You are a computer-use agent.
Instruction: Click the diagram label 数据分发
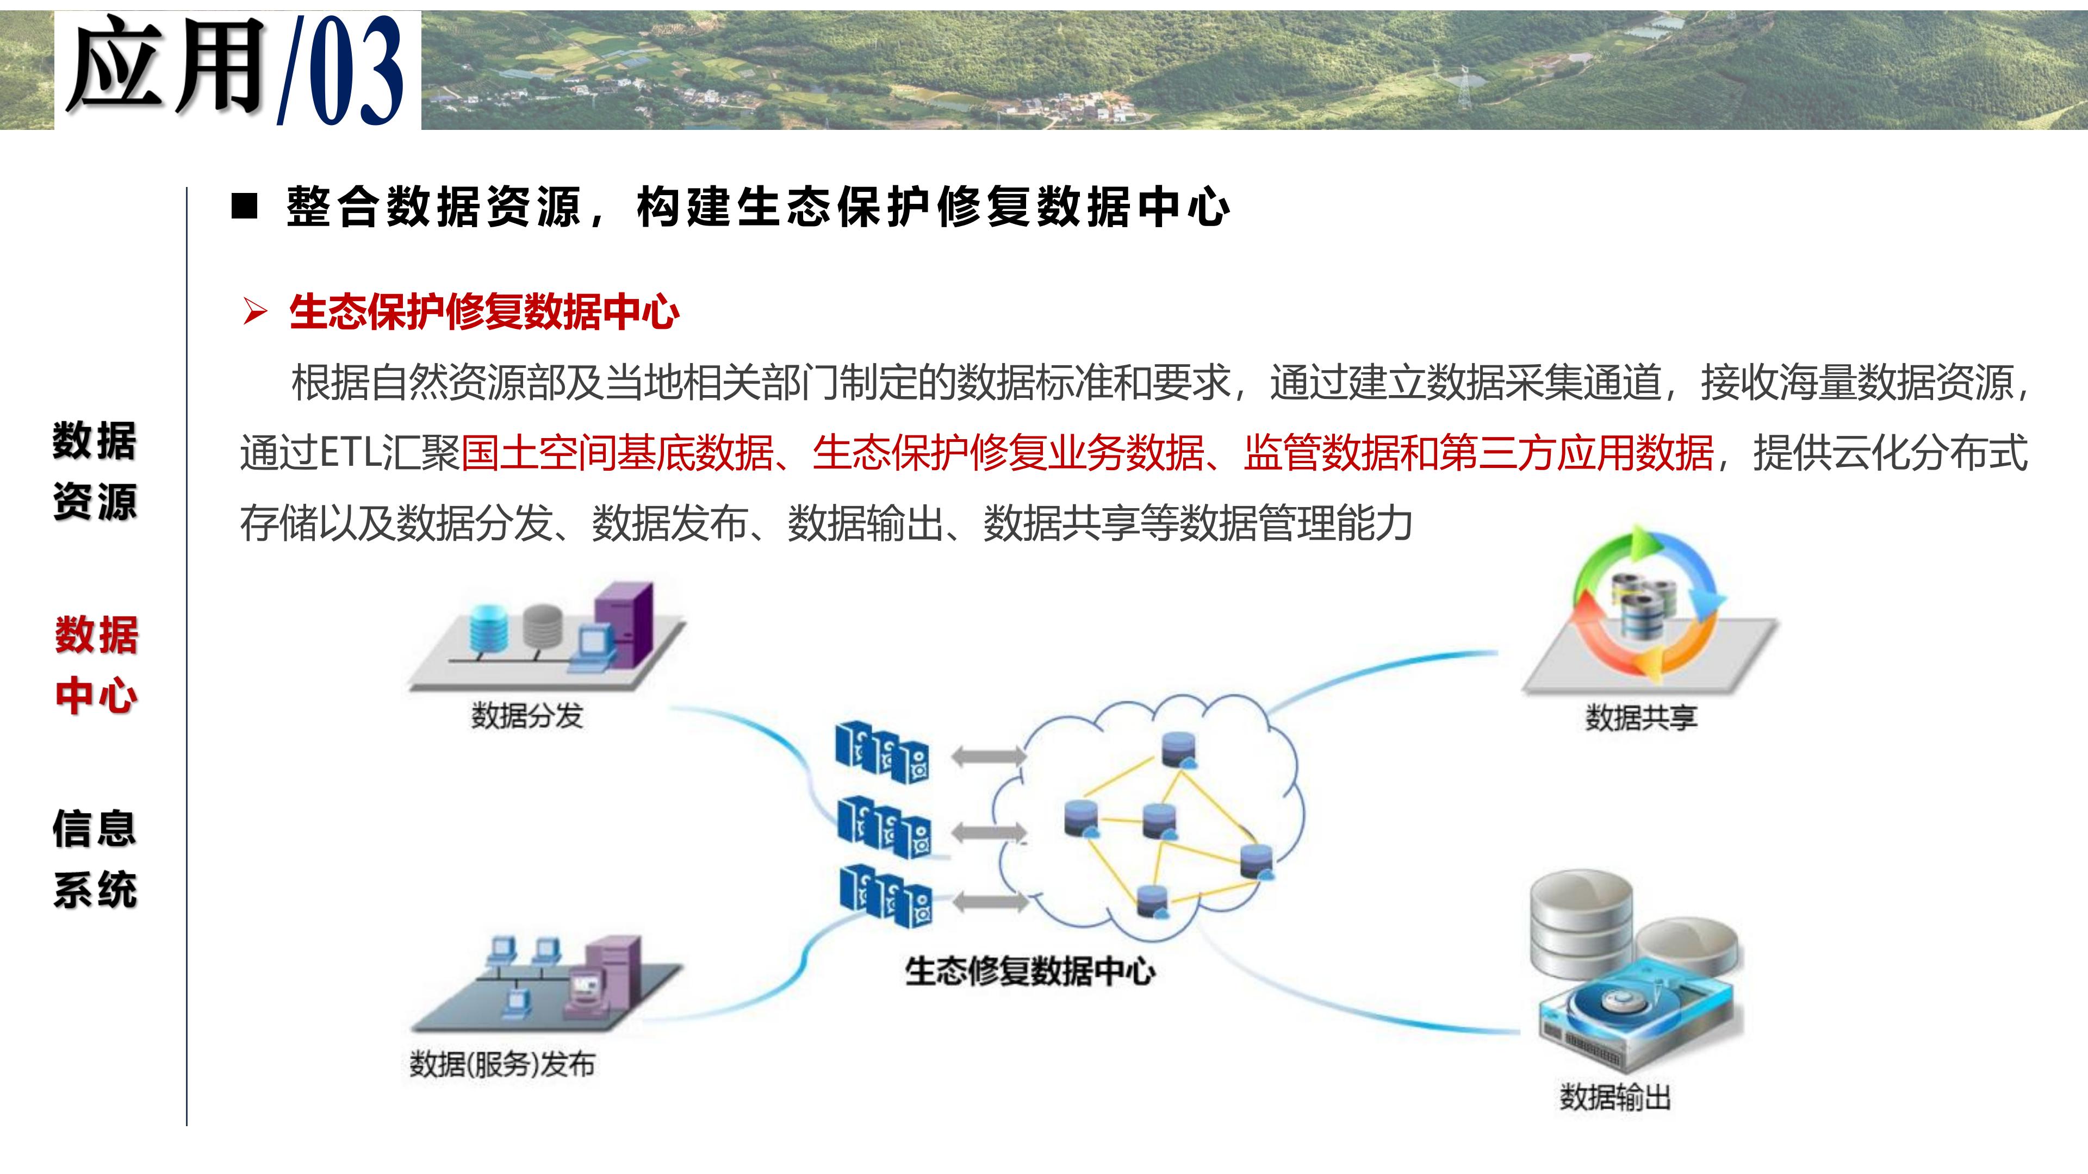[x=527, y=715]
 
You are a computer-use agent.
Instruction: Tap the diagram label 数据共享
[x=1640, y=717]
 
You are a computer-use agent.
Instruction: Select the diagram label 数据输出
[x=1615, y=1097]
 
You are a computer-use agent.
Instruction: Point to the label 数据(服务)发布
[x=502, y=1064]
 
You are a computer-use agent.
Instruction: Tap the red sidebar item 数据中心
[x=96, y=665]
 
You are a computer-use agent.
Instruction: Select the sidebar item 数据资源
[x=95, y=471]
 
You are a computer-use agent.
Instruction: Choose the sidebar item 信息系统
[x=95, y=859]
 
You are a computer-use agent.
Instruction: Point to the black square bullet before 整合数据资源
[x=244, y=206]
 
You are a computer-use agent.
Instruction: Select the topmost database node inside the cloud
[x=1178, y=750]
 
